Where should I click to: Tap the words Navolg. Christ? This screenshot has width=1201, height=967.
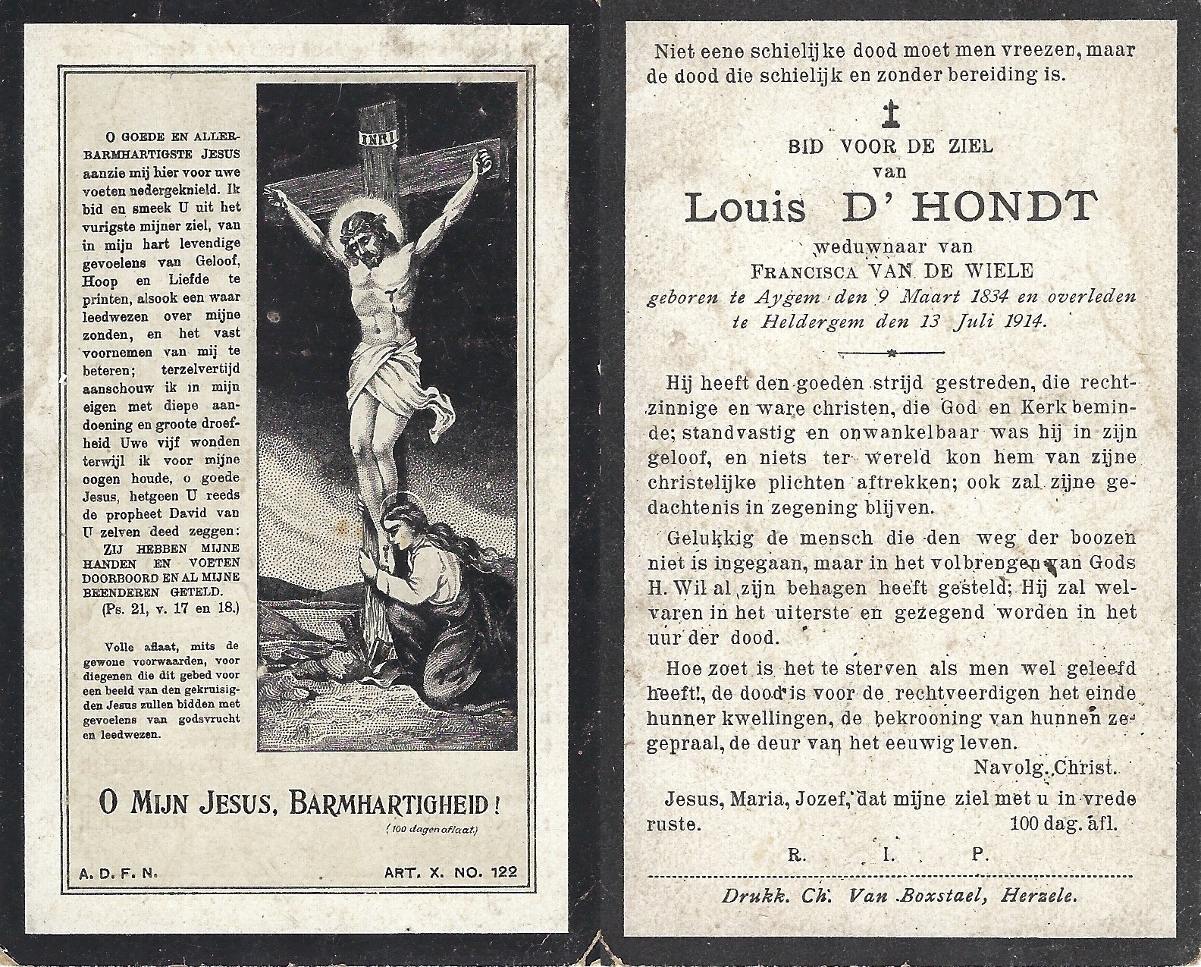pos(1045,768)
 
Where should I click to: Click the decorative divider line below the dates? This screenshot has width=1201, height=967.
pos(889,353)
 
